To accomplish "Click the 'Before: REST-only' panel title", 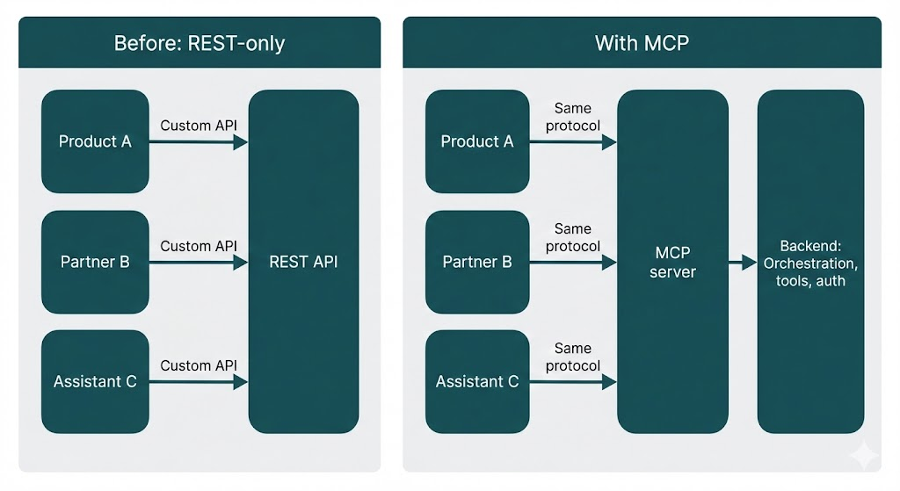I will tap(200, 43).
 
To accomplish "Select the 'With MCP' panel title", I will tap(642, 43).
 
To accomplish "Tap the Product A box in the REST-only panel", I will tap(95, 141).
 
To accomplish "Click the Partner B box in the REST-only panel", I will tap(95, 262).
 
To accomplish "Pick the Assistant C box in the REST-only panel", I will tap(95, 381).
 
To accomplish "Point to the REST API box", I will tap(303, 262).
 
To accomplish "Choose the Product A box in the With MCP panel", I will tap(477, 141).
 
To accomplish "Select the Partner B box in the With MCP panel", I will tap(477, 262).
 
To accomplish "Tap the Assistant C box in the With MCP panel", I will tap(477, 381).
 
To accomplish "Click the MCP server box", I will tap(672, 262).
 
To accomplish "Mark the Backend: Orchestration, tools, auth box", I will tap(810, 262).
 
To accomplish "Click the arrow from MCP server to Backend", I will tap(743, 262).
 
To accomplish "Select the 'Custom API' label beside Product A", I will tap(199, 126).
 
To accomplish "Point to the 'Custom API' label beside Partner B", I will tap(199, 246).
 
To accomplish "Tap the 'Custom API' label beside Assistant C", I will tap(199, 365).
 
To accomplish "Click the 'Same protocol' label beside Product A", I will tap(573, 117).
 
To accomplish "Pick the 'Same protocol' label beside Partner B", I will tap(573, 237).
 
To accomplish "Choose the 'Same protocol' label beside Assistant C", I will tap(573, 357).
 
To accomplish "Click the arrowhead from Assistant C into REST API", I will tap(241, 381).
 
